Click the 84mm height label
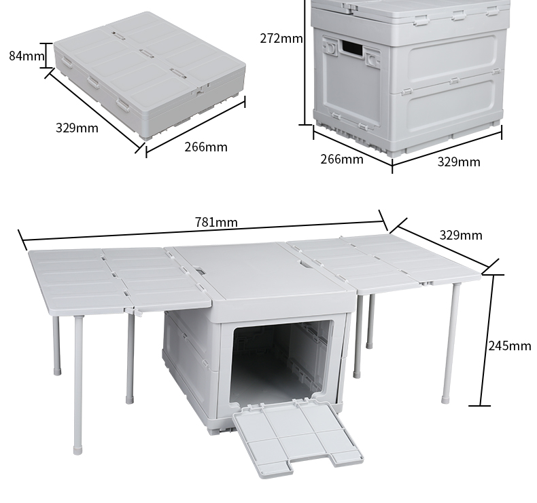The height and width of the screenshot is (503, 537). pyautogui.click(x=27, y=56)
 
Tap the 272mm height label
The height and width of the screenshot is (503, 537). pyautogui.click(x=281, y=38)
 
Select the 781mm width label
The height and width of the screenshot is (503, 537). pyautogui.click(x=216, y=222)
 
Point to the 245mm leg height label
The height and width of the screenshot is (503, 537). pyautogui.click(x=510, y=346)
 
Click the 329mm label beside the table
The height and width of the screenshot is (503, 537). pyautogui.click(x=461, y=235)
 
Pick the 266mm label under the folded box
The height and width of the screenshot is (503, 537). pyautogui.click(x=206, y=147)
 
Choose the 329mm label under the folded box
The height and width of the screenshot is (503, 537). pyautogui.click(x=77, y=128)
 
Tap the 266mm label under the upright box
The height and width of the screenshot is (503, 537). pyautogui.click(x=342, y=159)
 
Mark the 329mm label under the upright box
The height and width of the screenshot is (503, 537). pyautogui.click(x=459, y=162)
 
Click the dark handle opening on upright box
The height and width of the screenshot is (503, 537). pyautogui.click(x=351, y=48)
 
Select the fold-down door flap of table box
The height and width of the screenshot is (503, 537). pyautogui.click(x=298, y=438)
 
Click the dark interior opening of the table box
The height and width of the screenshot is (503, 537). pyautogui.click(x=281, y=363)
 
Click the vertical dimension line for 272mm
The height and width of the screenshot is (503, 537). pyautogui.click(x=305, y=62)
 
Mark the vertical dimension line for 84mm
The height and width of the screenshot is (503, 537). pyautogui.click(x=46, y=56)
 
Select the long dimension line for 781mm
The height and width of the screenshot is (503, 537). pyautogui.click(x=203, y=231)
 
